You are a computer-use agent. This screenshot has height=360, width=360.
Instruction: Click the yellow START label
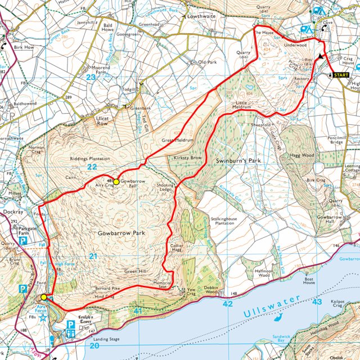coord(341,75)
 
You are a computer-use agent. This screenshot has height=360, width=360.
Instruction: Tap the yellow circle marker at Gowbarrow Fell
coord(116,182)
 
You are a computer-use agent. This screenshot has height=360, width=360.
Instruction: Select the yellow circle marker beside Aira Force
coord(44,296)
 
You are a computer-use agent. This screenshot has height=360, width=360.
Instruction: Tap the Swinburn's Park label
coord(239,161)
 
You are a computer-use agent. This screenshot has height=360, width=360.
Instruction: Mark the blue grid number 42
coord(228,304)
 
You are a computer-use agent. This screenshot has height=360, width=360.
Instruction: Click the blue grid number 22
coord(92,167)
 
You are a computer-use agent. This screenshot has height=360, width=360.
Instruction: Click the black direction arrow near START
coord(321,56)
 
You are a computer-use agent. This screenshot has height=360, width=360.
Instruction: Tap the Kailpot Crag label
coord(338,305)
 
